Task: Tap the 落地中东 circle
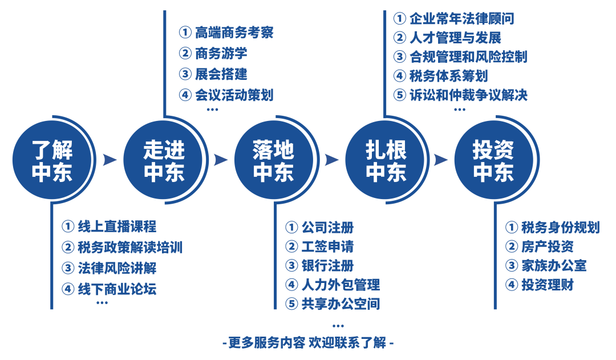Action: (273, 161)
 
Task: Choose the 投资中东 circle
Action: (493, 161)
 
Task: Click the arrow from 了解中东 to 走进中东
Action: (110, 160)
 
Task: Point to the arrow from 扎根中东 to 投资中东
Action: (440, 160)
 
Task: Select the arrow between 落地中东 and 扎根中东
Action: (331, 160)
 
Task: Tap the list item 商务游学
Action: (221, 54)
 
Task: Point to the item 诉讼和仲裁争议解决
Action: (468, 95)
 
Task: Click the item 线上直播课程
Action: (116, 226)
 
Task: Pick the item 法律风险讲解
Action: (116, 268)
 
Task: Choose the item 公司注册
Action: (327, 228)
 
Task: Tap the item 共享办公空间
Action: (341, 304)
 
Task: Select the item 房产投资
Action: (547, 246)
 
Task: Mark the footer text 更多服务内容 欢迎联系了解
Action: (307, 343)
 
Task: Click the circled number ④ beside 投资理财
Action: (511, 285)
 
